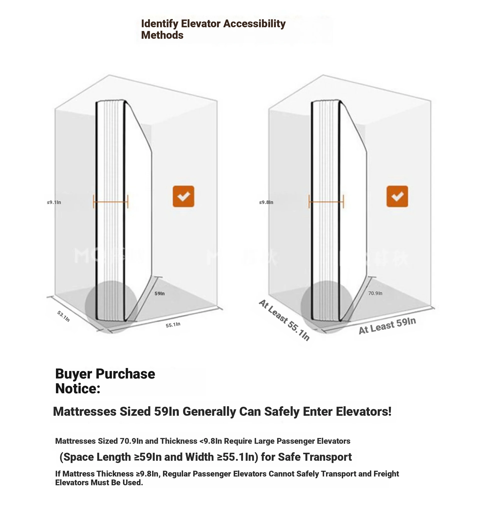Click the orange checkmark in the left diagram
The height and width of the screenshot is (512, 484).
pos(183,196)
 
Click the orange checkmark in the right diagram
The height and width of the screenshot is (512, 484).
pos(397,196)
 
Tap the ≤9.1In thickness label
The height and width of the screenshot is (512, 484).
pos(54,202)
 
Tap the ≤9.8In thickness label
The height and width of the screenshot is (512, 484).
pos(266,202)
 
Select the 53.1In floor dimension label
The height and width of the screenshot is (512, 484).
pos(63,316)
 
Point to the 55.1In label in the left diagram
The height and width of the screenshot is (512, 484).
pos(173,325)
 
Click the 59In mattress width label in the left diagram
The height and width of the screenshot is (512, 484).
pos(159,293)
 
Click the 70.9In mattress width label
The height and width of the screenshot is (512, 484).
pos(375,293)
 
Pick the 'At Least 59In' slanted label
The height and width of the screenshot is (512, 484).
pos(387,325)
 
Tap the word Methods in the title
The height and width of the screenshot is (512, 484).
pos(162,35)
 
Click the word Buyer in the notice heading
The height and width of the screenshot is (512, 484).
pos(73,373)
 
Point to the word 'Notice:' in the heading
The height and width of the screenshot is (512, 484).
pos(78,388)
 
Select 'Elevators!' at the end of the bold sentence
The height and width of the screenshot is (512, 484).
pos(364,411)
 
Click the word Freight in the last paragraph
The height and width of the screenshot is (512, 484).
pos(386,474)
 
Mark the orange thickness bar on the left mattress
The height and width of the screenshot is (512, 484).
pos(111,202)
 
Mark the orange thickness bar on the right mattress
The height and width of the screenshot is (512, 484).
pos(326,202)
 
